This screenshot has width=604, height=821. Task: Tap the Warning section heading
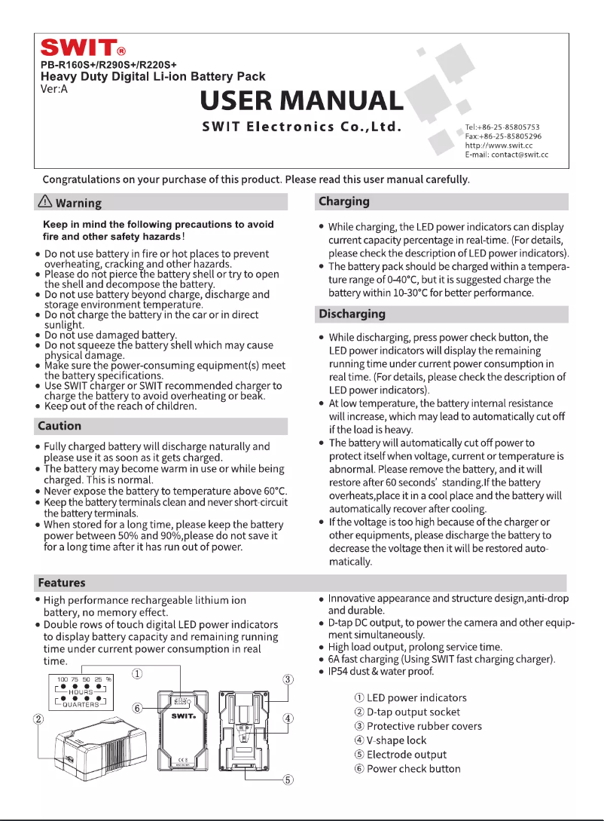point(78,203)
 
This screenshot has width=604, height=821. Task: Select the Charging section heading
point(344,201)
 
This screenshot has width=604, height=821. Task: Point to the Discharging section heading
point(352,314)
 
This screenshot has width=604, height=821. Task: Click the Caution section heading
point(59,425)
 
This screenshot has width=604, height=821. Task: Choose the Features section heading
point(62,583)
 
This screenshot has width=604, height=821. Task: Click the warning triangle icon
point(45,202)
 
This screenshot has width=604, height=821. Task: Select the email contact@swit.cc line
point(506,154)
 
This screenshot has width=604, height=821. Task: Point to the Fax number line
point(502,136)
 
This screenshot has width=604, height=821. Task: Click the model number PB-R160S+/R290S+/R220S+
point(108,66)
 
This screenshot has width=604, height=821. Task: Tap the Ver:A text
point(54,87)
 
